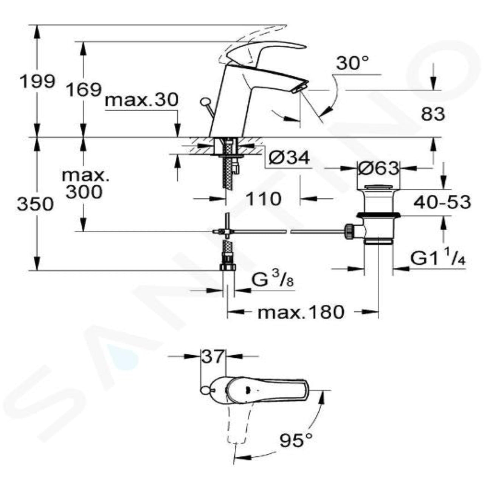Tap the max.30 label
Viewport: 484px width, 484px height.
[141, 100]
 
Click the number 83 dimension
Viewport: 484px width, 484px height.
[433, 114]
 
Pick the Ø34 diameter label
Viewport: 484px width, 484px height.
[289, 158]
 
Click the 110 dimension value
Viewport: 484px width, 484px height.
[263, 198]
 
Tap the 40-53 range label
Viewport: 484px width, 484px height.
[442, 202]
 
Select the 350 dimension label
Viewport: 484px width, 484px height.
[36, 204]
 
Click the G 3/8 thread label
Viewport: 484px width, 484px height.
[271, 282]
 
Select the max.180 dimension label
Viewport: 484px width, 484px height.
[301, 312]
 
